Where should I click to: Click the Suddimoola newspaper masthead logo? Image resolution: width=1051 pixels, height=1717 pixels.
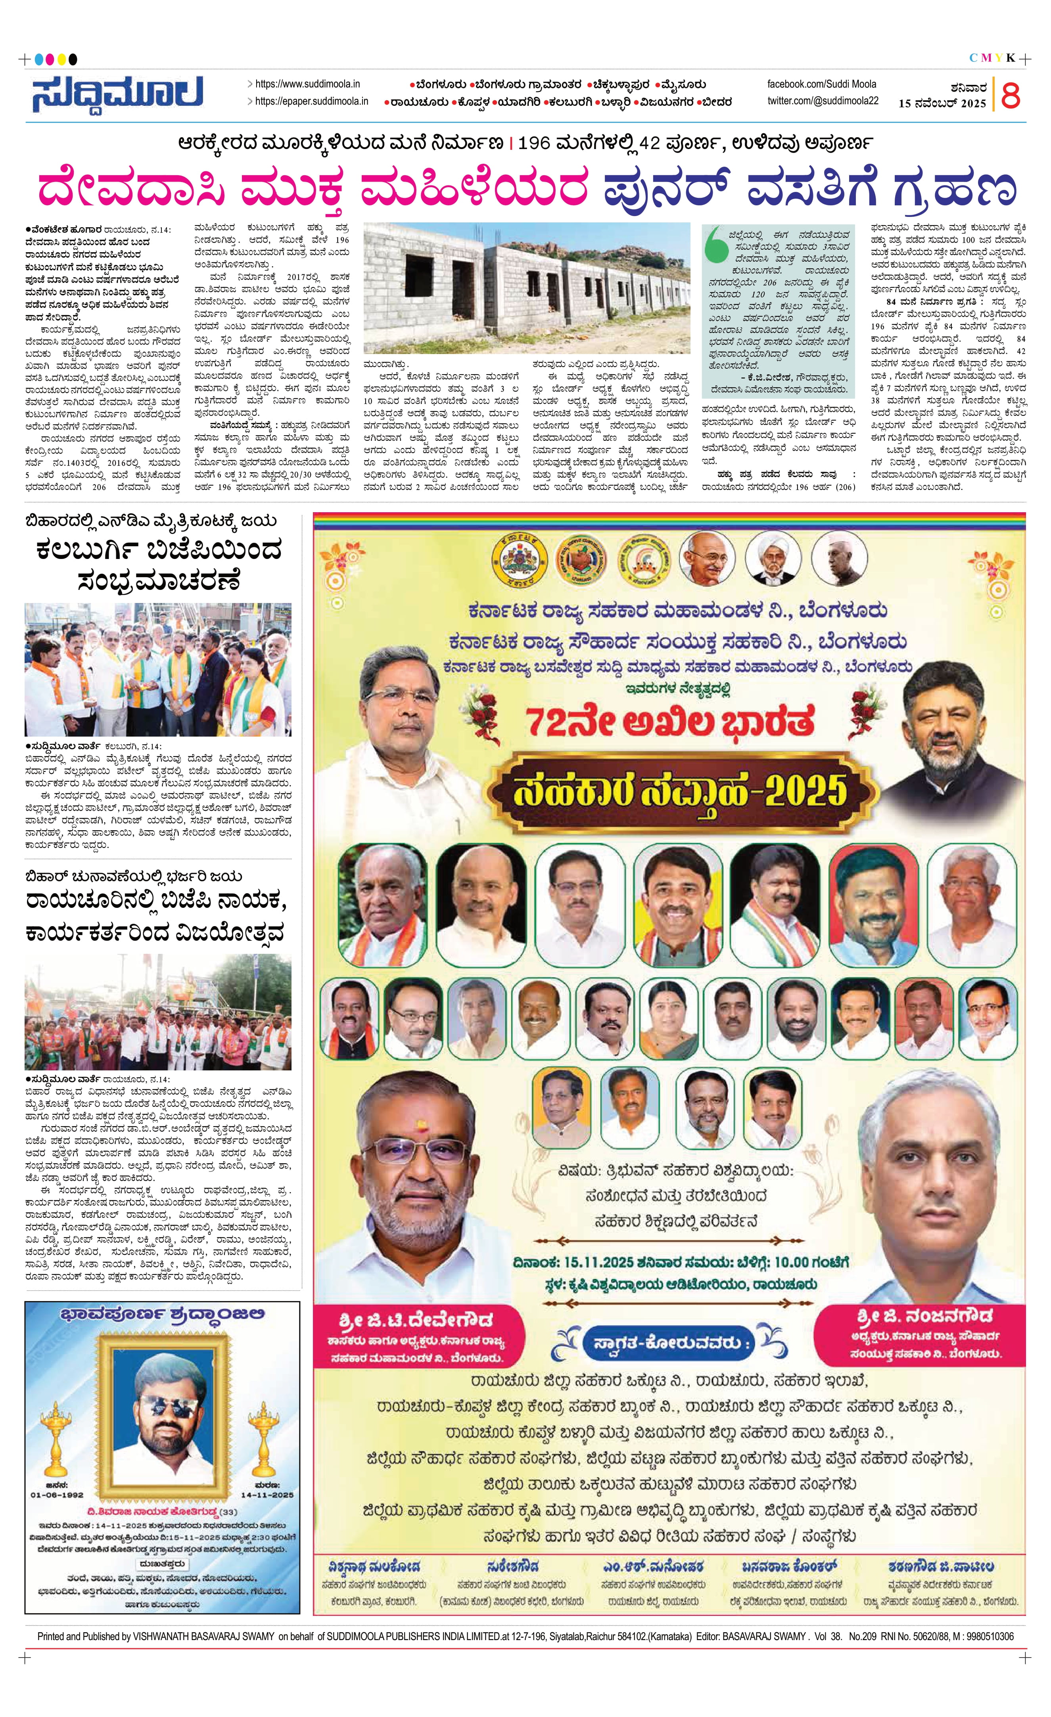click(x=117, y=94)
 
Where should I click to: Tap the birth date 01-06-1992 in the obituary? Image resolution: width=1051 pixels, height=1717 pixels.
click(x=57, y=1495)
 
